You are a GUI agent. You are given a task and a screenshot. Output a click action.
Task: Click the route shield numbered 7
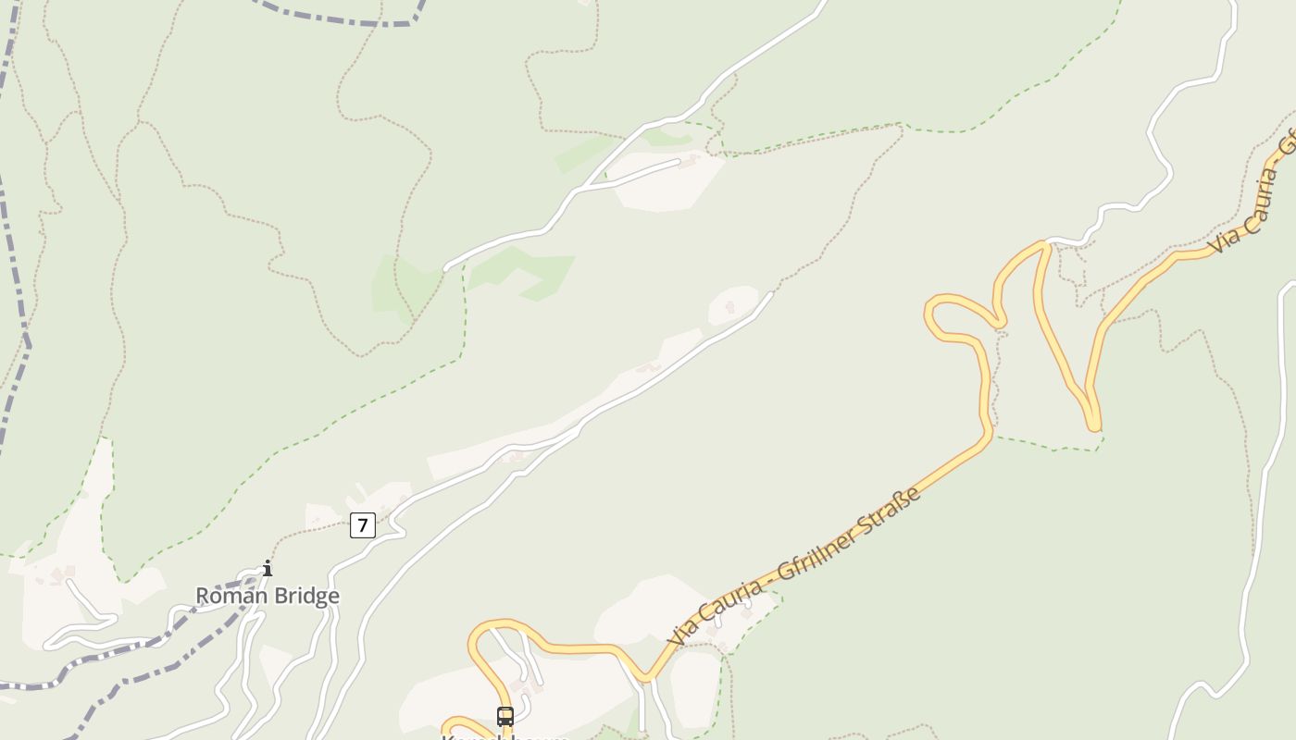pos(362,525)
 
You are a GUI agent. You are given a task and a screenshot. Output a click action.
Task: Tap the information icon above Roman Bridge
pos(268,568)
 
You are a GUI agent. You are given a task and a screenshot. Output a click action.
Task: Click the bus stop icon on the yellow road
pos(505,716)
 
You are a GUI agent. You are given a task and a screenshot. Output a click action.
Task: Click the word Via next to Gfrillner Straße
pos(682,633)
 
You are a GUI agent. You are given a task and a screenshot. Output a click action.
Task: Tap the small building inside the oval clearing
pos(730,306)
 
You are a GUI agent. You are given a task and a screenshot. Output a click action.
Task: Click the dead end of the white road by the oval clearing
pos(771,293)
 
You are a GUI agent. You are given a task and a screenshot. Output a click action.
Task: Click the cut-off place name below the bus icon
pos(505,736)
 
